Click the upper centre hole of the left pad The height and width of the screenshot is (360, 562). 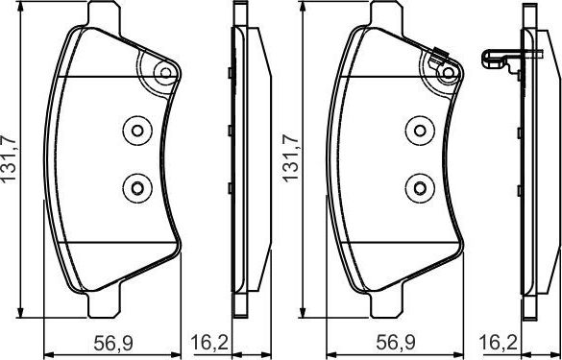click(135, 132)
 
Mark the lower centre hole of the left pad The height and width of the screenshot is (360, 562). click(135, 185)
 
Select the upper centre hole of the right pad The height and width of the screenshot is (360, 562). click(417, 132)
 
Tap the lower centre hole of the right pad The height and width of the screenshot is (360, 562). click(417, 185)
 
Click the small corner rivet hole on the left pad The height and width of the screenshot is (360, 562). click(166, 73)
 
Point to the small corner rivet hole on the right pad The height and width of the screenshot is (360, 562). click(448, 73)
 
